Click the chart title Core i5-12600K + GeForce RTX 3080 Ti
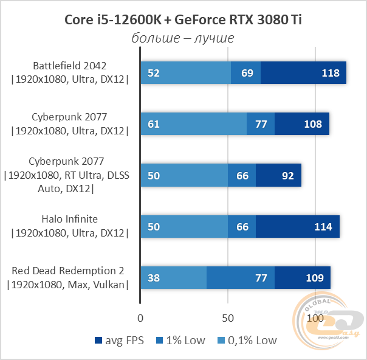pyautogui.click(x=183, y=19)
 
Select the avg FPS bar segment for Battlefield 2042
pyautogui.click(x=303, y=73)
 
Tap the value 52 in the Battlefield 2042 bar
pyautogui.click(x=154, y=73)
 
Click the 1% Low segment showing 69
pyautogui.click(x=247, y=73)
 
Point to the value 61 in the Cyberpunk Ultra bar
pyautogui.click(x=154, y=124)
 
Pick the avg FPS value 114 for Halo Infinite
pyautogui.click(x=322, y=227)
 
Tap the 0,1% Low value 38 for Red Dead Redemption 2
pyautogui.click(x=154, y=278)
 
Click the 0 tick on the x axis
pyautogui.click(x=140, y=318)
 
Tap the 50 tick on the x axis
pyautogui.click(x=227, y=318)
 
